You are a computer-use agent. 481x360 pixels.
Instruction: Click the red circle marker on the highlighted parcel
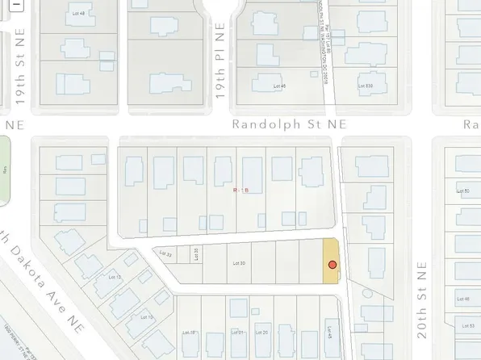click(332, 265)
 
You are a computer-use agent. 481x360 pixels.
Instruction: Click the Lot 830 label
click(366, 85)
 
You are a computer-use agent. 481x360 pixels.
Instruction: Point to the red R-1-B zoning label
click(240, 190)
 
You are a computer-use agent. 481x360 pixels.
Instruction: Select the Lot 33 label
click(166, 254)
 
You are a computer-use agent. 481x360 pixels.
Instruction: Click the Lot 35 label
click(196, 253)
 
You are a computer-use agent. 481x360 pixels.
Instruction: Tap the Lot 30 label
click(238, 263)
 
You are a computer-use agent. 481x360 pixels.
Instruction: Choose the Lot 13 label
click(114, 277)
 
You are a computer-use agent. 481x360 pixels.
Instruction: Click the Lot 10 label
click(148, 316)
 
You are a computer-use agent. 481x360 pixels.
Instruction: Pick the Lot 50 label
click(463, 191)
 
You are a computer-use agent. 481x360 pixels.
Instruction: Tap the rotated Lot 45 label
click(330, 329)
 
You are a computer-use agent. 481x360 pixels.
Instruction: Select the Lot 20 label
click(261, 332)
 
